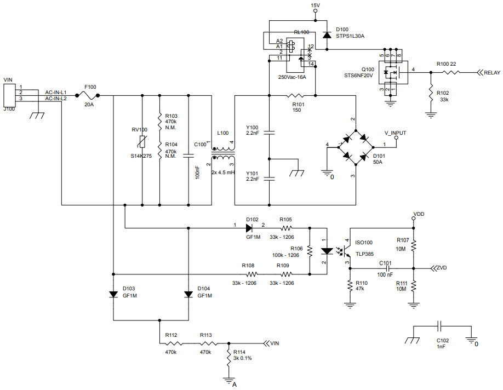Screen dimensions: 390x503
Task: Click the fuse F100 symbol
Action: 90,95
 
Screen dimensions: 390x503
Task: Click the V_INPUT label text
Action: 395,133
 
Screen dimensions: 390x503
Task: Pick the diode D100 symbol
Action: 327,35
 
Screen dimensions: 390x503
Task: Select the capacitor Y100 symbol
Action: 269,132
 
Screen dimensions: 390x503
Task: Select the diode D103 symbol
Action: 113,294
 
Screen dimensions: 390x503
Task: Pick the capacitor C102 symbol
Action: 439,327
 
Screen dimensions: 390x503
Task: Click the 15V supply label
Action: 315,5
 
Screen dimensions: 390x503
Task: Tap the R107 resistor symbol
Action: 414,244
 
